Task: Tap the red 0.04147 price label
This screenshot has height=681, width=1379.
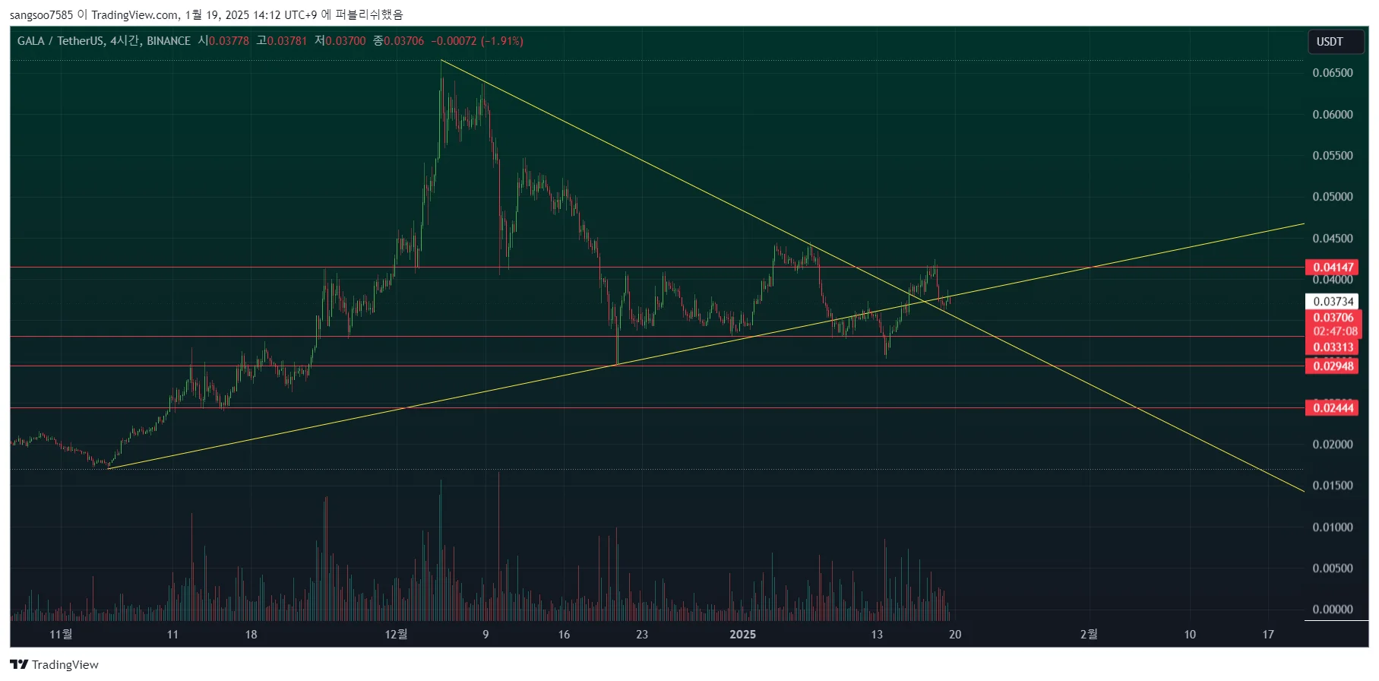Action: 1333,268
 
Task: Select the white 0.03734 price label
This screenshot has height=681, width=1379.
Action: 1333,302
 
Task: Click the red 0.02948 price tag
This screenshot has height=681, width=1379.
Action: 1333,366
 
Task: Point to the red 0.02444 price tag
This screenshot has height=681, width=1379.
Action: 1333,408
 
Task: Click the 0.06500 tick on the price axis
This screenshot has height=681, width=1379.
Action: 1333,73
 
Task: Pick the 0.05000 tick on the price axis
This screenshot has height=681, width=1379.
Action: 1333,197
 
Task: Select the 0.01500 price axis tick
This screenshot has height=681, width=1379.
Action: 1333,486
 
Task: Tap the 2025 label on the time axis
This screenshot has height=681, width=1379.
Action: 742,635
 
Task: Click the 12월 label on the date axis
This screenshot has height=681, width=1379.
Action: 396,635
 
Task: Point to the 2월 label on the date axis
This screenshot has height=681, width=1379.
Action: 1089,635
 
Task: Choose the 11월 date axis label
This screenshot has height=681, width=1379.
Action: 61,635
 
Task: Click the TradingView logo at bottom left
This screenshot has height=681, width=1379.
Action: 55,665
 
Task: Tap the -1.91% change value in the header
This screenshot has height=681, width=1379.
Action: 502,41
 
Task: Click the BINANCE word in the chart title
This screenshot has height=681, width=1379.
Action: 169,41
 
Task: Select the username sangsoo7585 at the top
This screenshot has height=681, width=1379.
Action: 42,14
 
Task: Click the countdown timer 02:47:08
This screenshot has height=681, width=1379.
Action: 1335,331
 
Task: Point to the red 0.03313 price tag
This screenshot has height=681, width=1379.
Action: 1333,348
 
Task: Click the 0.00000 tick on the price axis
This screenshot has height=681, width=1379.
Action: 1333,610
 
